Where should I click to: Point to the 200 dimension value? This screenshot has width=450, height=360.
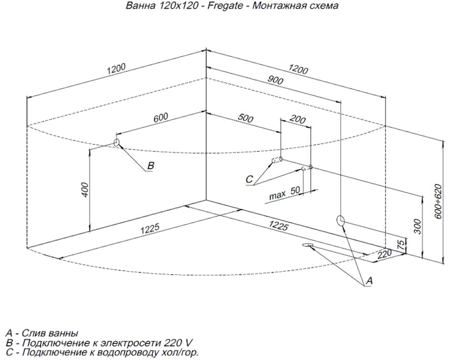tap(297, 119)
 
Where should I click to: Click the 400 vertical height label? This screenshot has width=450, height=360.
tap(85, 190)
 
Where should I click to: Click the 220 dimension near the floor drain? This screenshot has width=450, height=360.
tap(385, 255)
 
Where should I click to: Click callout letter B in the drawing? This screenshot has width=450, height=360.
tap(151, 166)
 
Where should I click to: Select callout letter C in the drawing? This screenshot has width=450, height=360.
tap(250, 179)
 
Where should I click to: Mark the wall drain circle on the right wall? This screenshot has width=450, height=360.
tap(341, 220)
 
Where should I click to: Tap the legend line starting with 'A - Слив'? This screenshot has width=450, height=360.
tap(41, 333)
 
